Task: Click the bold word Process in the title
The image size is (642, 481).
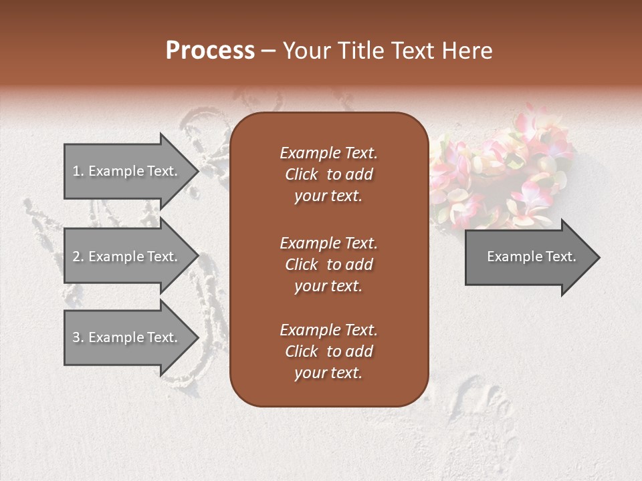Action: click(x=210, y=51)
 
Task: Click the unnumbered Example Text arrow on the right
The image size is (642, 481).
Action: click(x=531, y=257)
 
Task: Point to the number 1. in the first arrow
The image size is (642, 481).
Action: click(x=78, y=171)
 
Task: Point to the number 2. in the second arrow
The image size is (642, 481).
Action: click(x=78, y=257)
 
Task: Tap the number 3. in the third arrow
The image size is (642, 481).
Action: click(x=78, y=337)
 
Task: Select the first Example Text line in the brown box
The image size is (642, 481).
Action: click(x=328, y=153)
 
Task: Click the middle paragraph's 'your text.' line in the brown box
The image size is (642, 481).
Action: click(x=328, y=286)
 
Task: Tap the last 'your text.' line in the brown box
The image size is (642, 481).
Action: click(x=328, y=373)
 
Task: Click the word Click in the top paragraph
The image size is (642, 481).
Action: click(x=302, y=174)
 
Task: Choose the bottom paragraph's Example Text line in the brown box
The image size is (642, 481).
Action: click(x=328, y=330)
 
